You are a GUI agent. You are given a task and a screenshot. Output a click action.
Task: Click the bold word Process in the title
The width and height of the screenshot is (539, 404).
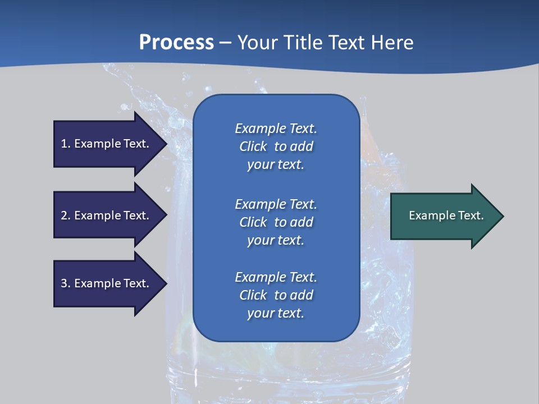[x=176, y=43]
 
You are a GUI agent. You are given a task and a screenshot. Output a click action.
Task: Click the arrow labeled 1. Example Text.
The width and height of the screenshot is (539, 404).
[x=105, y=144]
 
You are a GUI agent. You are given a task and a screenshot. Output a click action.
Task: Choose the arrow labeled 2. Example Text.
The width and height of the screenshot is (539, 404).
[x=105, y=215]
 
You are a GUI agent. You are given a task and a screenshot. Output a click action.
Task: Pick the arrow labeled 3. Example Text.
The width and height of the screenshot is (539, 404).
[x=105, y=283]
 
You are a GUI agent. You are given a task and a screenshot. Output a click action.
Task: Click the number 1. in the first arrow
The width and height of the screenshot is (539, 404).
[x=66, y=144]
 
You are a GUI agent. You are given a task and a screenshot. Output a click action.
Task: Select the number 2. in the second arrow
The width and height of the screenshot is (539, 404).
[x=66, y=215]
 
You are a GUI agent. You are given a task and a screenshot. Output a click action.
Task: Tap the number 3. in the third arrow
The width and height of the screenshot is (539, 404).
[x=66, y=283]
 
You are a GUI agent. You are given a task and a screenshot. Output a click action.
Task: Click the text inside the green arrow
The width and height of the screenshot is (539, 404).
[x=446, y=215]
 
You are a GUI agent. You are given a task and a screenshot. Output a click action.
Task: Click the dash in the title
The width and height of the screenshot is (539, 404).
[x=225, y=43]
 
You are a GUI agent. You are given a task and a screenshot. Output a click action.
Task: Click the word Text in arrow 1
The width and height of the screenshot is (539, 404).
[x=136, y=144]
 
